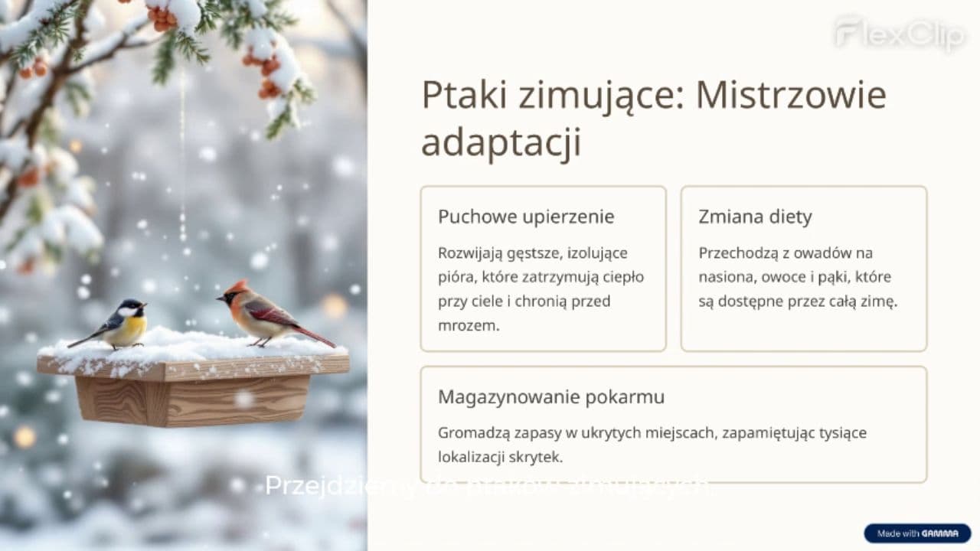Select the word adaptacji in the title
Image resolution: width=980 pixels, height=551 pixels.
tap(501, 143)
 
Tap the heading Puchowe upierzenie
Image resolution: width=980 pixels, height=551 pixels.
tap(526, 217)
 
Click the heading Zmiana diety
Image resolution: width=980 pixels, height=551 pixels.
tap(755, 217)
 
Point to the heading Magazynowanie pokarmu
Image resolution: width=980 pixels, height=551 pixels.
tap(551, 397)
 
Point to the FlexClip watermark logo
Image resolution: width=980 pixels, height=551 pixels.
tap(900, 34)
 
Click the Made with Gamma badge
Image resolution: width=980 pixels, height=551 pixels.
tap(917, 533)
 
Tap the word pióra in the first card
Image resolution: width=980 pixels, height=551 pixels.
tap(456, 277)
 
